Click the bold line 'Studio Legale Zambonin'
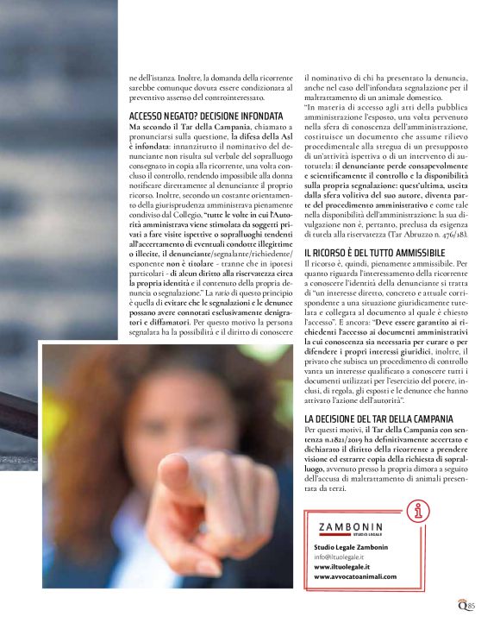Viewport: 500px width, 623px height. point(351,547)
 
